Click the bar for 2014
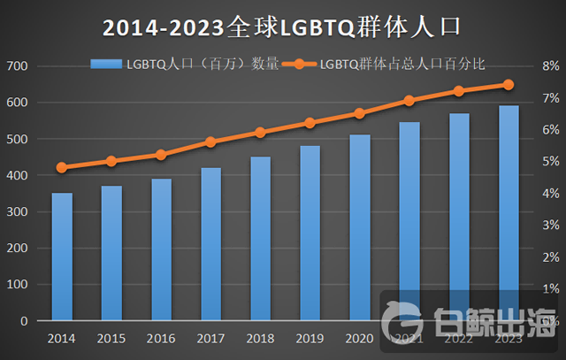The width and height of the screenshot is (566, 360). [x=62, y=257]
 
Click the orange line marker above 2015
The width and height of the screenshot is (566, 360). [x=111, y=161]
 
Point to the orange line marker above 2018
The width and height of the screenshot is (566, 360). [x=260, y=133]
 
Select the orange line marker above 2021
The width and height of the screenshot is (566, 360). [x=409, y=101]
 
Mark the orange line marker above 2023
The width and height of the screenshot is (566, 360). [x=509, y=85]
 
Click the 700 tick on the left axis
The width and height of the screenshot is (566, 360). [x=17, y=66]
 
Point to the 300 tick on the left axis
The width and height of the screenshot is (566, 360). [x=17, y=212]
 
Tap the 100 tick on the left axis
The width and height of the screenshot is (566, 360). [x=17, y=285]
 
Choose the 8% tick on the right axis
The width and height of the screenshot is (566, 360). [x=549, y=66]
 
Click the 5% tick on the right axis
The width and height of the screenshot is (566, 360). [x=549, y=162]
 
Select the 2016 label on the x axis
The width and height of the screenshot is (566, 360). [x=161, y=338]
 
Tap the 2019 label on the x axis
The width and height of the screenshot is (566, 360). [x=310, y=338]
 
